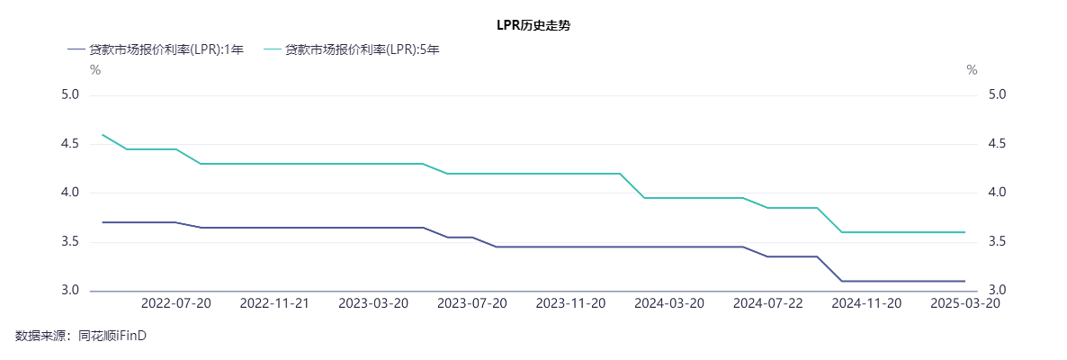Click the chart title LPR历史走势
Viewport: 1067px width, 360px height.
(533, 25)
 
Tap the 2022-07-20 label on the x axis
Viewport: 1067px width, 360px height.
(176, 303)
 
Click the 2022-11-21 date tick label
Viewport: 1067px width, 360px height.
(274, 303)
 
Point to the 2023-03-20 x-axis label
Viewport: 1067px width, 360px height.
(373, 303)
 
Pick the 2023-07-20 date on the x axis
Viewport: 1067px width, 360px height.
(472, 303)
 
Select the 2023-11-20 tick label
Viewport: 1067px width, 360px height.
(570, 303)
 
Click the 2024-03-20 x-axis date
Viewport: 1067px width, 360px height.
(669, 303)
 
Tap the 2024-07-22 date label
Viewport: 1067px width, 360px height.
(768, 303)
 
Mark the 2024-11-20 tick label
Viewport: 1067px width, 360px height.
(866, 303)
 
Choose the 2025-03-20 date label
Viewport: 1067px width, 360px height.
(965, 303)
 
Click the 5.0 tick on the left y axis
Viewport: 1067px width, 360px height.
(70, 94)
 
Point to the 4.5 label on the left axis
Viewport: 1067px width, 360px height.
(70, 144)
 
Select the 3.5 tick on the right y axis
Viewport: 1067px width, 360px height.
(997, 242)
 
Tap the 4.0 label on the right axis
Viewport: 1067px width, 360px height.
(997, 193)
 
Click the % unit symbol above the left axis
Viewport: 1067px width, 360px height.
(95, 70)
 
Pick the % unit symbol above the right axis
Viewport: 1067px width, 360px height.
(972, 70)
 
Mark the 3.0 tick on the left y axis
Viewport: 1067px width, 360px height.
(70, 291)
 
